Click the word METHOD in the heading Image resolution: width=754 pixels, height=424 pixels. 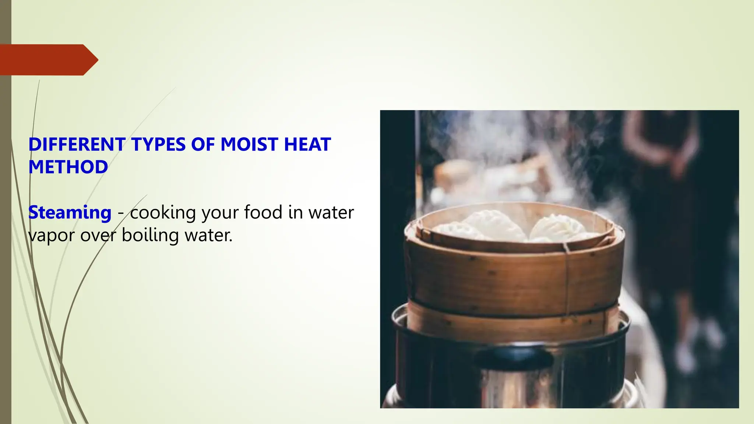(68, 167)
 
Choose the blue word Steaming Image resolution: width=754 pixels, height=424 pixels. (70, 213)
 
